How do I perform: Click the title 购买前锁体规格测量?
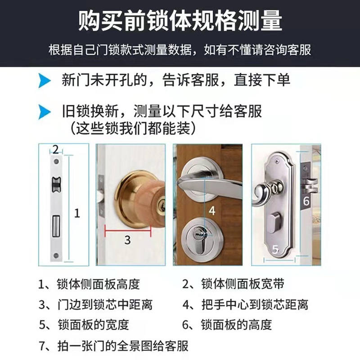(180, 22)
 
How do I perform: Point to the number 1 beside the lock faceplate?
(77, 213)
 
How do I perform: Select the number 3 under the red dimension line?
(127, 240)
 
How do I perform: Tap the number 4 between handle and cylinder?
(212, 210)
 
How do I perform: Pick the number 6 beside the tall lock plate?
(306, 201)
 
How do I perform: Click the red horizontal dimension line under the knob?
(127, 230)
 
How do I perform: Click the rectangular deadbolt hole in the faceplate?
(56, 226)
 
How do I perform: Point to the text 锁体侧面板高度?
(98, 284)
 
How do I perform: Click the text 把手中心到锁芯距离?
(254, 304)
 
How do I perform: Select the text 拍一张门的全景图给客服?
(122, 345)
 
